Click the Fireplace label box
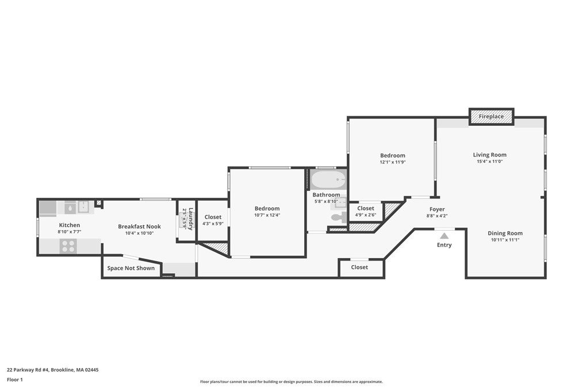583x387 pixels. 491,117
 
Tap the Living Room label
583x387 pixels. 490,155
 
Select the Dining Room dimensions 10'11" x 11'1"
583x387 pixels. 505,240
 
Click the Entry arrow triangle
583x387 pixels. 444,235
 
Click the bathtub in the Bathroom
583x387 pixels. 329,180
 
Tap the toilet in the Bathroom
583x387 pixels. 339,217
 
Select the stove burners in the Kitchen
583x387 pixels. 68,246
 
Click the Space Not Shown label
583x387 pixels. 131,268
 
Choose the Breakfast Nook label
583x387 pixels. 139,227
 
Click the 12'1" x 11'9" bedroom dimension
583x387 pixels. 392,162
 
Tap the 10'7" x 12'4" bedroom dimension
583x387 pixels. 267,215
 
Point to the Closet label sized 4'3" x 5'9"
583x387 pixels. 213,217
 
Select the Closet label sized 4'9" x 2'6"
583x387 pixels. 366,209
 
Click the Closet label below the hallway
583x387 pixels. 359,267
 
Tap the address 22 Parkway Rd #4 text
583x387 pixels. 48,370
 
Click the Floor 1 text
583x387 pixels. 14,380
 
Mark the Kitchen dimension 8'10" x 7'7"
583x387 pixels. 69,232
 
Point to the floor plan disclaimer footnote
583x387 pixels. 291,382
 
